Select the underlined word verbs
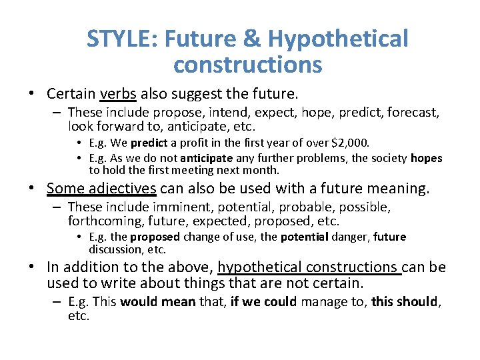[x=118, y=93]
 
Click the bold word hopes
[x=426, y=158]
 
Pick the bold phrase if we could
[x=262, y=301]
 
